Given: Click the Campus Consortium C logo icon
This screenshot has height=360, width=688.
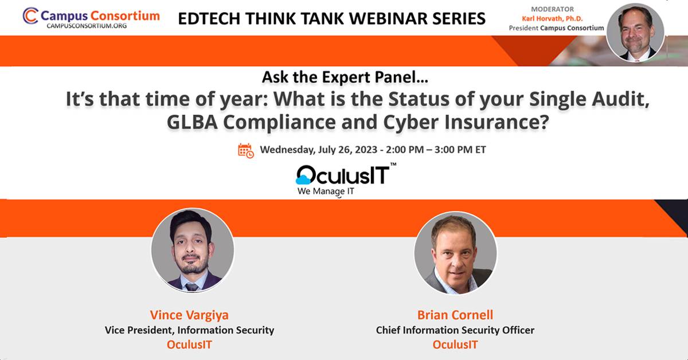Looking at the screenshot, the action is [30, 15].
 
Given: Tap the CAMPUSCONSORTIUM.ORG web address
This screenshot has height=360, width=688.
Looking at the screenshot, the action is [87, 26].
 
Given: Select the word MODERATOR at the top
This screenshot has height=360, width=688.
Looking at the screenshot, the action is [552, 9].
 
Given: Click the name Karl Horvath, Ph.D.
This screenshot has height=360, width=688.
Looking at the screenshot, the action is [552, 19].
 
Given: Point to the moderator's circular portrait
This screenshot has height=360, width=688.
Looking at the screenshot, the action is [635, 32].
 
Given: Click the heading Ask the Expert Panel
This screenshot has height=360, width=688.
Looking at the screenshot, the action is [345, 77].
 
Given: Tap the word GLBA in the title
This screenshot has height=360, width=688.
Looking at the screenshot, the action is [192, 122].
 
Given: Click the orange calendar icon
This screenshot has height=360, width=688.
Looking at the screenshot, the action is [246, 151].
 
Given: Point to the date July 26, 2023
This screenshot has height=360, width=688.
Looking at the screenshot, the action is [347, 150].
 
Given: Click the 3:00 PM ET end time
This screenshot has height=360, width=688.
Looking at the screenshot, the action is [460, 150].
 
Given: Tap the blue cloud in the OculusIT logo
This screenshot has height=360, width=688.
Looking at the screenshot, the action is [303, 179].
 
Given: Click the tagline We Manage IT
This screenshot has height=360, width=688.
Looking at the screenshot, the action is [326, 191].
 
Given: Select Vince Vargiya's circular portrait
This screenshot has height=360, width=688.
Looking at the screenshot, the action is [193, 251].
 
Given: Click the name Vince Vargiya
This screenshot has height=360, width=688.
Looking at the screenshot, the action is [189, 315].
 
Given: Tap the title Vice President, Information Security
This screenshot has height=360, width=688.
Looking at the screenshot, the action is [190, 330].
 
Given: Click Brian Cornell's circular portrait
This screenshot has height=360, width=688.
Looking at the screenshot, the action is [455, 253].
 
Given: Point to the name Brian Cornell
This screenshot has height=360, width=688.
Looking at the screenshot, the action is [455, 315].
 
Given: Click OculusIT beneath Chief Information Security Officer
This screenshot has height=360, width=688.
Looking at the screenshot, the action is [455, 345].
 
